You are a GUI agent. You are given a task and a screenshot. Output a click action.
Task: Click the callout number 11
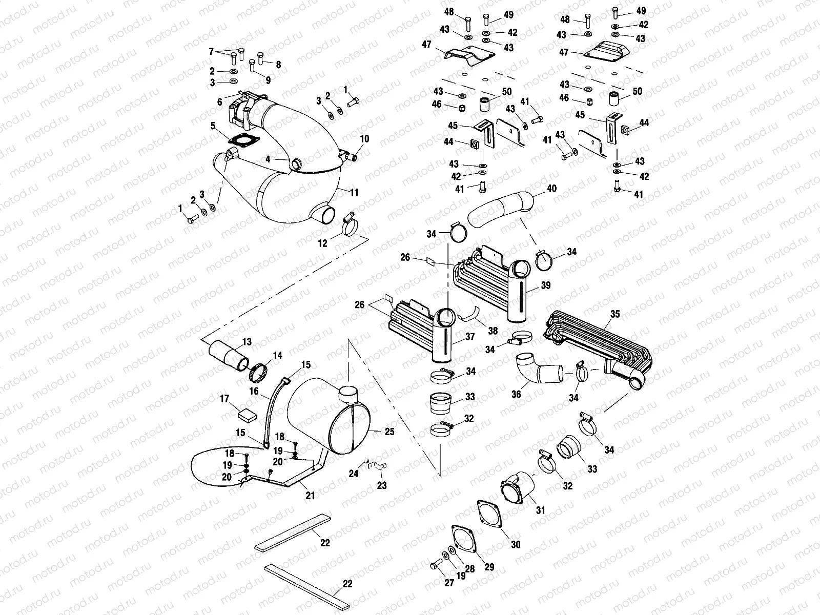click(x=354, y=192)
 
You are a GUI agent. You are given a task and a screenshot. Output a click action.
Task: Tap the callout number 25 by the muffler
click(x=389, y=432)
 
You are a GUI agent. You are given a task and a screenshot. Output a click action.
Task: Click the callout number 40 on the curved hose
click(x=551, y=189)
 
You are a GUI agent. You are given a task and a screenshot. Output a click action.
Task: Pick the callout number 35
click(x=615, y=314)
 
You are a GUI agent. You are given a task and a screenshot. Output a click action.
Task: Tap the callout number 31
click(x=541, y=510)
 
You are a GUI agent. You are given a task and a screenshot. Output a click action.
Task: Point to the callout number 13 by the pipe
click(x=247, y=342)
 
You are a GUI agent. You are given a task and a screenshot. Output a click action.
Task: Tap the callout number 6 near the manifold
click(x=220, y=102)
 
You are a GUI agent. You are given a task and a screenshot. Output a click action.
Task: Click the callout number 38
click(x=493, y=332)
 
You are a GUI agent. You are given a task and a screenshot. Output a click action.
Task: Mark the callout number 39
click(x=545, y=285)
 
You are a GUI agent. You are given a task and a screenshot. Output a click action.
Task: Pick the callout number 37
click(x=469, y=337)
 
